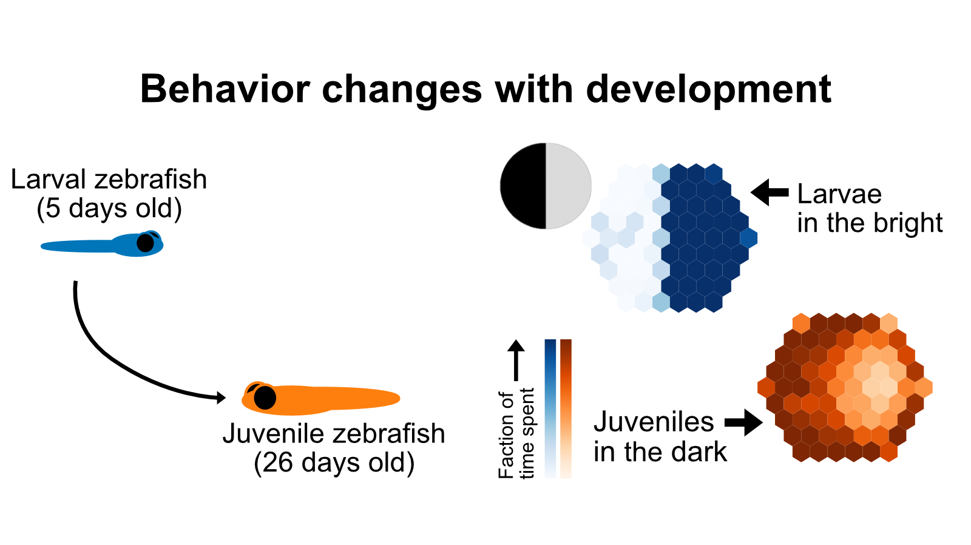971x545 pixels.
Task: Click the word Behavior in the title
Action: (x=225, y=89)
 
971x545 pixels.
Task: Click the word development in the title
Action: (x=708, y=89)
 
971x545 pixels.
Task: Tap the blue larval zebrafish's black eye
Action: (x=145, y=243)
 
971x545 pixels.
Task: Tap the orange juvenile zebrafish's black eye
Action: (x=265, y=398)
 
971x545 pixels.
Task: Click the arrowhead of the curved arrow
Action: (x=221, y=397)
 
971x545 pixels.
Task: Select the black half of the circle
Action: (x=523, y=186)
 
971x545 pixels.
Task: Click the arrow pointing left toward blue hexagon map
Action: (x=770, y=192)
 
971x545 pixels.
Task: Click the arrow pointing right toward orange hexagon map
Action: (x=744, y=422)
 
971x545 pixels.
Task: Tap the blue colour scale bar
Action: (x=550, y=409)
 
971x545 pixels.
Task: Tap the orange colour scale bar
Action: (x=566, y=409)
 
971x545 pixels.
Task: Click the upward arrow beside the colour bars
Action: (x=516, y=360)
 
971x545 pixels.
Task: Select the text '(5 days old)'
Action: (x=109, y=209)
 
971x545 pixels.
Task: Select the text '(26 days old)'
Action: (x=334, y=463)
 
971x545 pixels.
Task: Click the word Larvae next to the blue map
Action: (x=839, y=194)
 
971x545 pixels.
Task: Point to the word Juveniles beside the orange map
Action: (x=654, y=422)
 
